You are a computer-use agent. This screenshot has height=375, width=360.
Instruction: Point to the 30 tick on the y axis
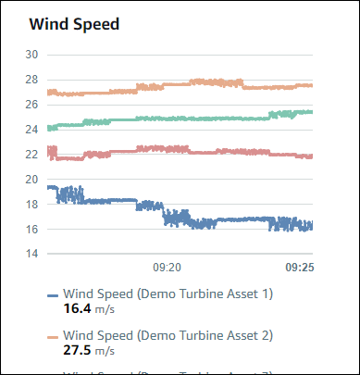click(31, 55)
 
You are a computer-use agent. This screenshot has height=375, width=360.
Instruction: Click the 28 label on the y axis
click(31, 80)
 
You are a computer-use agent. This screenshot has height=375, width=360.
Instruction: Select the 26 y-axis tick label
click(31, 105)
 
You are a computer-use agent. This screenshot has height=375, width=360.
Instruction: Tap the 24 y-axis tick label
click(31, 130)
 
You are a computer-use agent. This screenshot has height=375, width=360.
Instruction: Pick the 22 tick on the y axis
click(31, 154)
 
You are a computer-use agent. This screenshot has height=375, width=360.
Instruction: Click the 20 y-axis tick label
click(31, 179)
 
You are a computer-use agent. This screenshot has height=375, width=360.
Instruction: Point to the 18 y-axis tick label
click(31, 204)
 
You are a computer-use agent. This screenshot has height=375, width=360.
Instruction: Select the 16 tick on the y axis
click(31, 229)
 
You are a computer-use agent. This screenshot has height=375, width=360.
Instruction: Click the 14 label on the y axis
click(31, 254)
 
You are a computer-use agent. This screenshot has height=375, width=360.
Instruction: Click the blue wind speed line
click(111, 200)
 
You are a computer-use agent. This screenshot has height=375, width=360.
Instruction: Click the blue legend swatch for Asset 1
click(53, 295)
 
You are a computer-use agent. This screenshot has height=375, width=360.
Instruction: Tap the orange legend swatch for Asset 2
click(53, 336)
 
